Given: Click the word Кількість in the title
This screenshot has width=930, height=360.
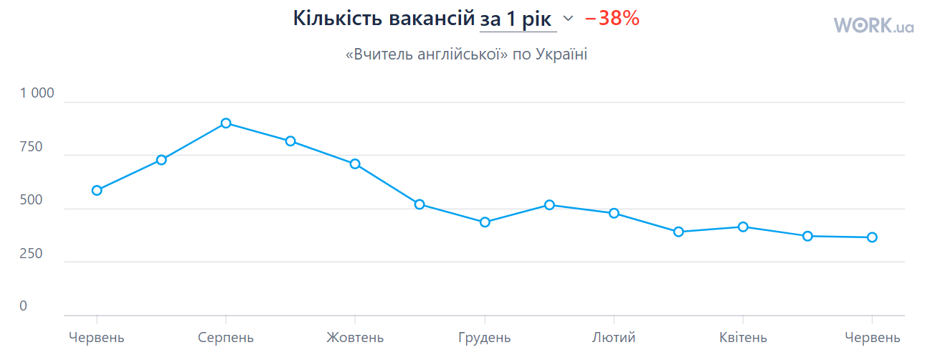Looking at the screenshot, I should (337, 19).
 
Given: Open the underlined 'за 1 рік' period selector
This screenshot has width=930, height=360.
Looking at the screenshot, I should (518, 19).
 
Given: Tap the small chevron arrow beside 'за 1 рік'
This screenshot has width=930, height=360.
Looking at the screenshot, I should (569, 19).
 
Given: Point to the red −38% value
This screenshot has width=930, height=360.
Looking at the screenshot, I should (612, 19).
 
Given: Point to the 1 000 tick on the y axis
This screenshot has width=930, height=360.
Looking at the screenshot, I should (37, 93).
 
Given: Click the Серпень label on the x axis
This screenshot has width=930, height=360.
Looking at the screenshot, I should (226, 338).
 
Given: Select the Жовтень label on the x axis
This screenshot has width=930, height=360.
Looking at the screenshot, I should (355, 338).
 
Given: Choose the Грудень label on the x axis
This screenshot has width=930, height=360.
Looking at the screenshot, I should (485, 338).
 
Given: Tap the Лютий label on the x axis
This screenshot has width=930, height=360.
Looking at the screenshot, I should (614, 338).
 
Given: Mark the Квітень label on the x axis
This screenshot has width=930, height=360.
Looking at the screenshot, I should (743, 338).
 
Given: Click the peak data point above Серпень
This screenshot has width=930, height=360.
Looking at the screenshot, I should (226, 123).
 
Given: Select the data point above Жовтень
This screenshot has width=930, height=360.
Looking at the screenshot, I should (355, 164).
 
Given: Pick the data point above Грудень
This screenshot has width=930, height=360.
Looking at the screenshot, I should (485, 222).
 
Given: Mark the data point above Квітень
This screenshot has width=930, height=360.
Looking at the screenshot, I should (743, 227).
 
